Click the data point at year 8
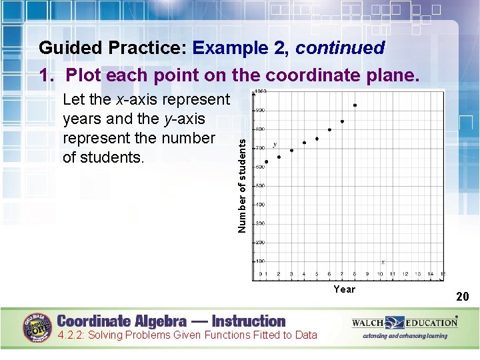[x=355, y=105]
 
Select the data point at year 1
[x=267, y=162]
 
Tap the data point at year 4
[x=304, y=143]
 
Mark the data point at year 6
[x=329, y=130]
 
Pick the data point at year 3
[x=291, y=150]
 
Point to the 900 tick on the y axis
[x=259, y=110]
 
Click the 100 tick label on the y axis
[x=259, y=261]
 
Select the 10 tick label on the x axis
[x=380, y=274]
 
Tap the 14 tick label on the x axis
[x=430, y=274]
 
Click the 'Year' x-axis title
[x=345, y=289]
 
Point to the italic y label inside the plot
[x=274, y=145]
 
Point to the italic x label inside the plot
[x=383, y=262]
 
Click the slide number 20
[x=462, y=296]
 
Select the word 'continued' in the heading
[x=340, y=49]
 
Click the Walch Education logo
[x=405, y=323]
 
